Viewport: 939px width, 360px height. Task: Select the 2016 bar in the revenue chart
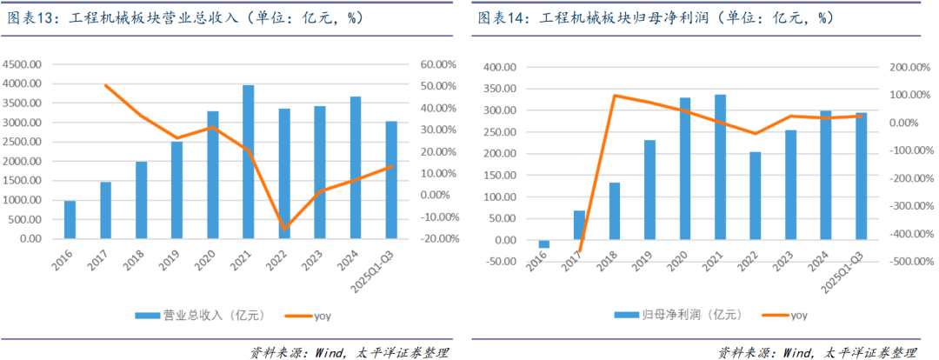pos(70,220)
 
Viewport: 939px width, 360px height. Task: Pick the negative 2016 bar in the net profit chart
pos(544,244)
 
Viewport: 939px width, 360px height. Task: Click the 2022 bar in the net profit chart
pos(755,197)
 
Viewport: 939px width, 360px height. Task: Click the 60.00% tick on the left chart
pos(439,65)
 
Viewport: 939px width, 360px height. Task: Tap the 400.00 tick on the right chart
pos(500,68)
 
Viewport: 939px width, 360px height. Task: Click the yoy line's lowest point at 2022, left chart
pos(284,229)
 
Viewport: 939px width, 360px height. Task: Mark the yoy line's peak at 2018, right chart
pos(615,96)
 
